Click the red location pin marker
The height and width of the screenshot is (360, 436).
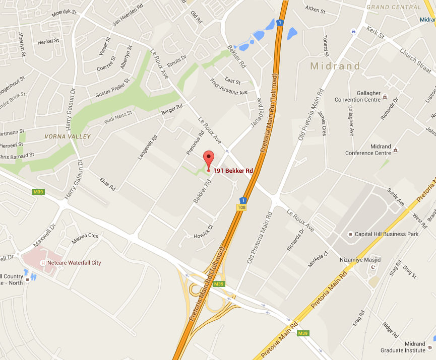[x=208, y=159]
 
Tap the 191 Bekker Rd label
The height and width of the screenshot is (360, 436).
[x=233, y=171]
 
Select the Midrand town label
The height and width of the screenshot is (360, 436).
[x=335, y=66]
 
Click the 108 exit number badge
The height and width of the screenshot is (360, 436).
[x=242, y=207]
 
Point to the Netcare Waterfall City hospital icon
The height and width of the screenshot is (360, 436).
[x=43, y=263]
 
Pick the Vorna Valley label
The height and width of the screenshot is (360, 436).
[x=68, y=136]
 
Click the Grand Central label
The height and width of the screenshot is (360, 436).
[x=394, y=7]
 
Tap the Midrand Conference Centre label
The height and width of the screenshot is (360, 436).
[x=368, y=150]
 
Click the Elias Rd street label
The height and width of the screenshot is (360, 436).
[x=108, y=184]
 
